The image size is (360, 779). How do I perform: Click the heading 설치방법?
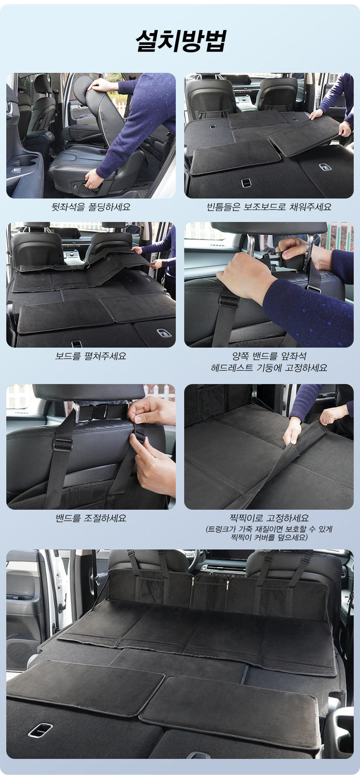tap(180, 41)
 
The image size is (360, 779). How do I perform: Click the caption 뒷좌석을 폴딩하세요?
tap(91, 207)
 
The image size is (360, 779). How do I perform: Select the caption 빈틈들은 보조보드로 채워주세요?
tap(269, 207)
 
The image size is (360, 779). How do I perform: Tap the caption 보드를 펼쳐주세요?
tap(91, 356)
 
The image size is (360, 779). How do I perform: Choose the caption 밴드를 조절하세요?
tap(91, 518)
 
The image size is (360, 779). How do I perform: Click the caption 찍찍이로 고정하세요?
tap(269, 518)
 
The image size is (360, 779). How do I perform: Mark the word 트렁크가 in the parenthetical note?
tap(223, 529)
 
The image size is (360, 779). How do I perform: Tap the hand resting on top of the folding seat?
tap(100, 85)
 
